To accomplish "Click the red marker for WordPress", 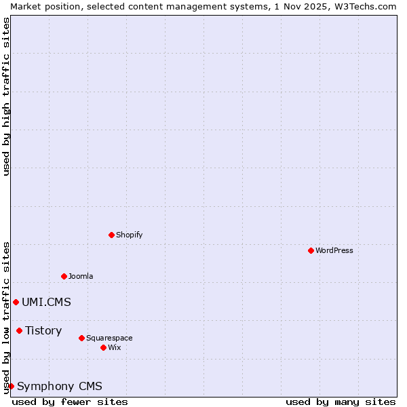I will (x=311, y=250).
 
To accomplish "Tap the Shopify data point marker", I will (x=111, y=235).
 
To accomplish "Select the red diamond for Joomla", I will (x=64, y=276).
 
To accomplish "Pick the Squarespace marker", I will (x=81, y=338).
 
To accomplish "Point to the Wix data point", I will (x=103, y=347).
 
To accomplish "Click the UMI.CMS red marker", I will (x=16, y=302).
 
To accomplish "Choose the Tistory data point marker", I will (x=19, y=330).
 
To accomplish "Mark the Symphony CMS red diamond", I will (x=11, y=386).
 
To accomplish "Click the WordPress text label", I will (x=334, y=250).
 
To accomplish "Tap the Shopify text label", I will (x=129, y=235).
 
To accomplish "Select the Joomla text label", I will (x=81, y=276).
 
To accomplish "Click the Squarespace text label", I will (x=109, y=338).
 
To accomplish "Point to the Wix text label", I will (x=115, y=347).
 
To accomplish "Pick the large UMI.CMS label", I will (x=46, y=302).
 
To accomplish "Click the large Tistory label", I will (x=43, y=330).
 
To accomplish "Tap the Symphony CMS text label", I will (x=60, y=386).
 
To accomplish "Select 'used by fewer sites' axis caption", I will (x=70, y=402).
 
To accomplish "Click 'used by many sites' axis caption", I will (x=341, y=402).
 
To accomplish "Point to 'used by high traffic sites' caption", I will (x=6, y=96).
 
